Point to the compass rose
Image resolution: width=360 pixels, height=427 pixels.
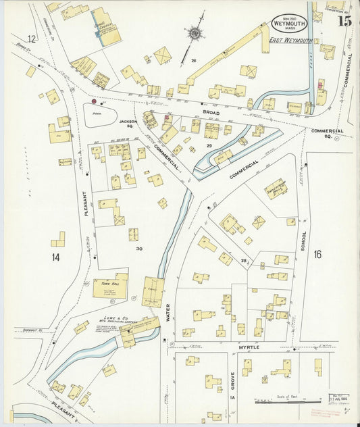pyautogui.click(x=196, y=32)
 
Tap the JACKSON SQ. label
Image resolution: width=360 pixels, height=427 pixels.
pyautogui.click(x=128, y=124)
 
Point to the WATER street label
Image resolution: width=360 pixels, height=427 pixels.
pyautogui.click(x=168, y=311)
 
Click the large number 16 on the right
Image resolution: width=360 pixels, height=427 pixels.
pyautogui.click(x=317, y=254)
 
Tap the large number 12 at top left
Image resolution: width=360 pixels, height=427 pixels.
pyautogui.click(x=31, y=39)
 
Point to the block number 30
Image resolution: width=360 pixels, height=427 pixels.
pyautogui.click(x=138, y=249)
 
